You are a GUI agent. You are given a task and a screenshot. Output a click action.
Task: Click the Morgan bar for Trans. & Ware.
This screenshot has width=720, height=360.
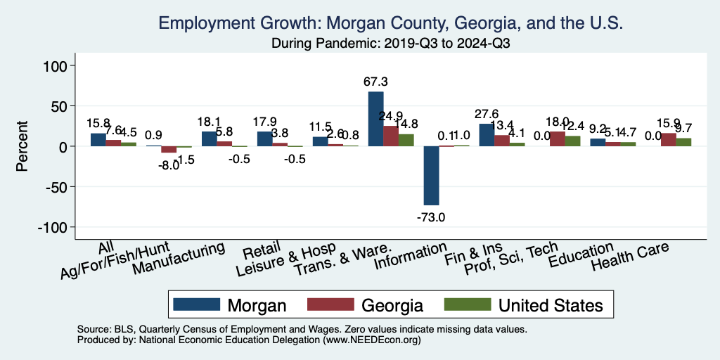[375, 119]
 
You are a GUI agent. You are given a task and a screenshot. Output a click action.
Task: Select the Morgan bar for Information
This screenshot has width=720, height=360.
[431, 176]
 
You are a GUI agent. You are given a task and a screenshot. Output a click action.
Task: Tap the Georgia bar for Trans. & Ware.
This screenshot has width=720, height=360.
[391, 136]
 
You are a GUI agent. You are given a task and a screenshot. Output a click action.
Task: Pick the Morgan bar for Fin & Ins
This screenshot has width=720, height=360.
[487, 135]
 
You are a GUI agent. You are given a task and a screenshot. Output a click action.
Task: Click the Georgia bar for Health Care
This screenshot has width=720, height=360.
[668, 140]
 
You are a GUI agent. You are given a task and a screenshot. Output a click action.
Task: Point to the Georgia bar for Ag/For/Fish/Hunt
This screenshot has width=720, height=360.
[169, 149]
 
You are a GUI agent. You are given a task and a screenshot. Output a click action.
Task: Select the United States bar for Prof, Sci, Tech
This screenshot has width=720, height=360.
[572, 141]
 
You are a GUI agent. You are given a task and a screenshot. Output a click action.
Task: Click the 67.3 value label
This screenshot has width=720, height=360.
[375, 82]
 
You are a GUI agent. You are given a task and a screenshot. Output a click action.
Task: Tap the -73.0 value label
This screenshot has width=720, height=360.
[430, 217]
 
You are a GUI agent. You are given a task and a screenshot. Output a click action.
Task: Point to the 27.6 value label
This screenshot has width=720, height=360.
[486, 114]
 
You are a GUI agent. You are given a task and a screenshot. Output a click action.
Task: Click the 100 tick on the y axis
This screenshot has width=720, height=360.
[56, 66]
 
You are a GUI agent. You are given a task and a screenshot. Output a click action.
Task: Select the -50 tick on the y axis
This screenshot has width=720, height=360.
[55, 187]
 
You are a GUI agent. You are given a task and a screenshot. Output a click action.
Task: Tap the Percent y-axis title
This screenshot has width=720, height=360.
[22, 147]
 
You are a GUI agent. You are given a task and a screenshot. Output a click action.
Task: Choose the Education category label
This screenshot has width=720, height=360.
[581, 255]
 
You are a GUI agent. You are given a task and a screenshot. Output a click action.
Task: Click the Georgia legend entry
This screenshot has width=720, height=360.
[392, 305]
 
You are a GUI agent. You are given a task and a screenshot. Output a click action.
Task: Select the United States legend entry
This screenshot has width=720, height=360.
[550, 305]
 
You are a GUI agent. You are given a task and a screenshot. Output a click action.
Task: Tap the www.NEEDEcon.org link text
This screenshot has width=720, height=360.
[371, 339]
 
